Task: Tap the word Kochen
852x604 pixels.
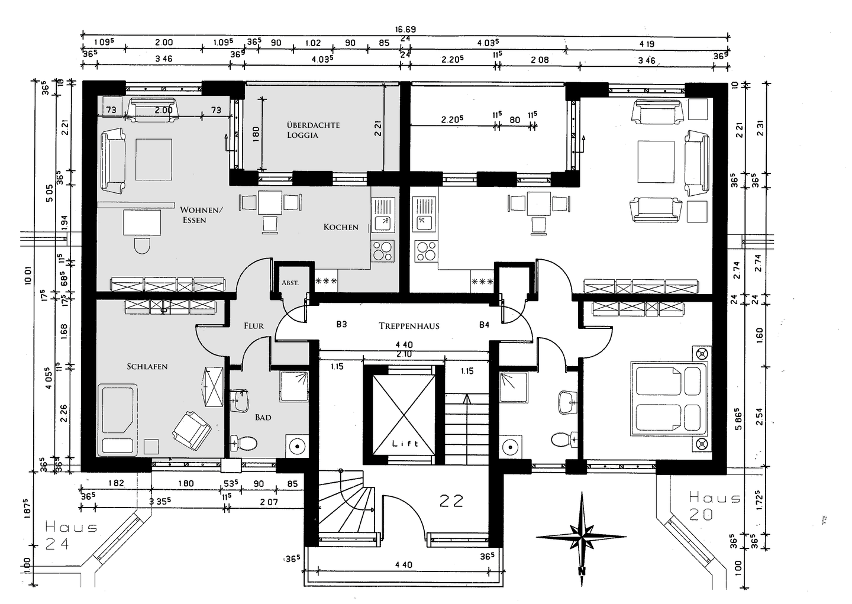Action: coord(341,227)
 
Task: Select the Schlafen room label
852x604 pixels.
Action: coord(147,367)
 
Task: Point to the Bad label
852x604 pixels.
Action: coord(263,418)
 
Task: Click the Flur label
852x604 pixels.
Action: coord(254,326)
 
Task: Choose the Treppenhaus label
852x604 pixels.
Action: coord(409,326)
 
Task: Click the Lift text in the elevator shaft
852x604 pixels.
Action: coord(405,444)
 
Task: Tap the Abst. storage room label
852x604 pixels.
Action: coord(290,283)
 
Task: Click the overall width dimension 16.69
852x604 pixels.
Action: coord(406,29)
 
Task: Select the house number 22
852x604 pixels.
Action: coord(451,501)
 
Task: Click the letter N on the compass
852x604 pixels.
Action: coord(582,571)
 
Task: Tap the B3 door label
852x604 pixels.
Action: coord(341,325)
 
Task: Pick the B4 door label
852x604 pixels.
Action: coord(484,325)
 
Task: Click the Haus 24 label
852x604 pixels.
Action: coord(70,535)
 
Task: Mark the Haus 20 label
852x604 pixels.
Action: coord(713,506)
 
